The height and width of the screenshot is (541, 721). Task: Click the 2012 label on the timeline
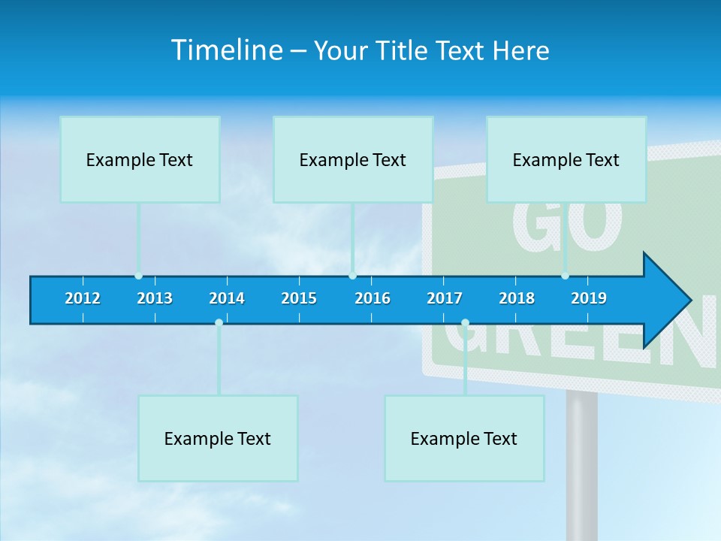tap(83, 298)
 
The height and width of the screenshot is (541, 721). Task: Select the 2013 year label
tap(155, 298)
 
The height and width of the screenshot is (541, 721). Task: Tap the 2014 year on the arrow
tap(227, 298)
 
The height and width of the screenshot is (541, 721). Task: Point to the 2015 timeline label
tap(299, 298)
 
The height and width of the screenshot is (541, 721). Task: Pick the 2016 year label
tap(373, 298)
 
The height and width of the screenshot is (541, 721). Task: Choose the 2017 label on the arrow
tap(445, 298)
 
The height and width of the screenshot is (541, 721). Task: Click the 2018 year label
tap(517, 298)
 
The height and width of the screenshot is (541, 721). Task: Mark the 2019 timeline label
tap(589, 298)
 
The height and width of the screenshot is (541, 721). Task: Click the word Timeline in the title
tap(226, 50)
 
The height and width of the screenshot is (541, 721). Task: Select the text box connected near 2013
tap(140, 159)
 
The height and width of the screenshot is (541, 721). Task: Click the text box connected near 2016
tap(353, 159)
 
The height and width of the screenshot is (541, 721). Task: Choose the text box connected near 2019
tap(566, 159)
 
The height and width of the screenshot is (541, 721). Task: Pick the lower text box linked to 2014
tap(218, 438)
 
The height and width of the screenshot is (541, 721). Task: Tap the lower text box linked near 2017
tap(464, 438)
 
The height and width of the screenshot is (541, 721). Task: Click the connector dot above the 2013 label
tap(139, 276)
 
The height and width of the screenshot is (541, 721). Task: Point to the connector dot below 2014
tap(219, 323)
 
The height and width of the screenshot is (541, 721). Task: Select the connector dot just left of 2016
tap(353, 276)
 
